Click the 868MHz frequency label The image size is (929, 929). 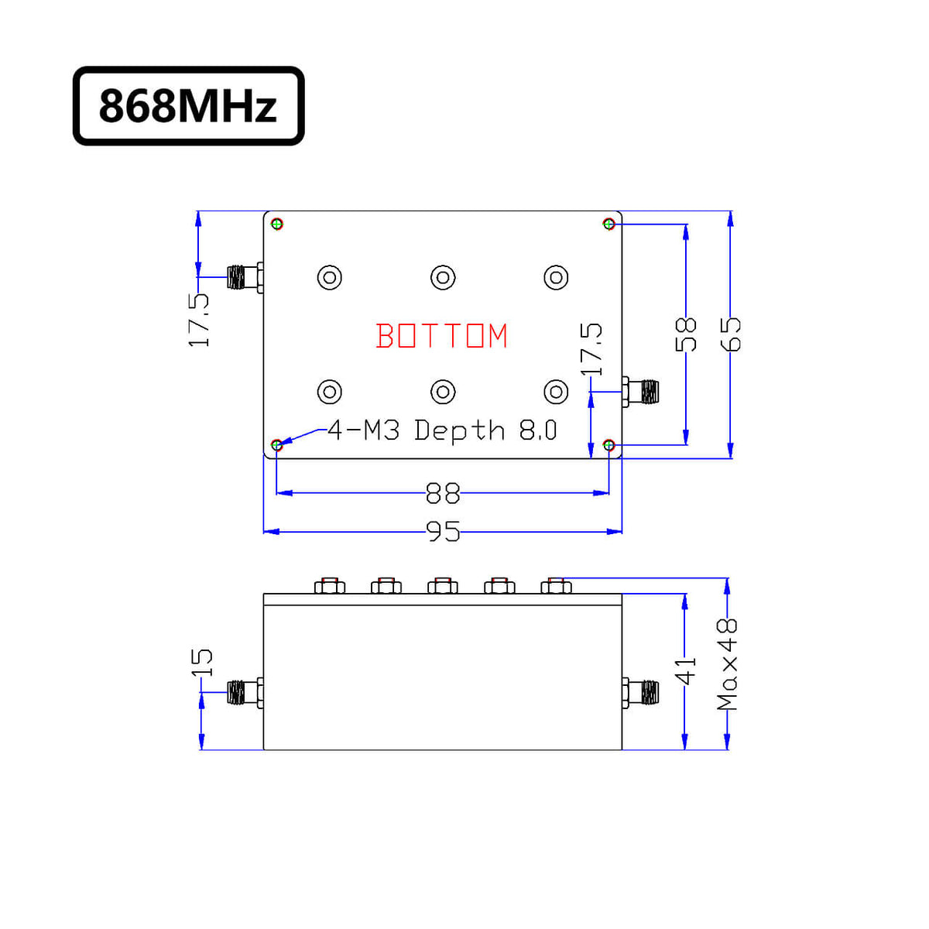[x=188, y=106]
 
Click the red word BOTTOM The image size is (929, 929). [x=441, y=337]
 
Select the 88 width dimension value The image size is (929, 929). [x=442, y=493]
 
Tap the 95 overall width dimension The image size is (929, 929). [x=443, y=532]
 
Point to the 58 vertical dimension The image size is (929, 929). [x=686, y=334]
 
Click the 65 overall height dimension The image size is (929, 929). [x=731, y=334]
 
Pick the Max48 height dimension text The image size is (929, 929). [x=728, y=664]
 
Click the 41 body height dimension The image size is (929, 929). [x=685, y=671]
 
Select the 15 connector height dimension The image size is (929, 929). [x=201, y=662]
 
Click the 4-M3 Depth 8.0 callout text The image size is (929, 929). [x=442, y=430]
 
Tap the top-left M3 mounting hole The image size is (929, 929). [x=277, y=224]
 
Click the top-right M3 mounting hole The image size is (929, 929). [x=609, y=224]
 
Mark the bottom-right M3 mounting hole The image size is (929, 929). [x=609, y=445]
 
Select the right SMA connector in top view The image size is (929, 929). [x=642, y=392]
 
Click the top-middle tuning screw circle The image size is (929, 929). [x=443, y=277]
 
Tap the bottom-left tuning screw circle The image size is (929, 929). [x=330, y=392]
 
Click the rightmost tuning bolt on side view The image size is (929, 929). [x=556, y=585]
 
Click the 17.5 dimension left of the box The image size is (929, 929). [x=200, y=320]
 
